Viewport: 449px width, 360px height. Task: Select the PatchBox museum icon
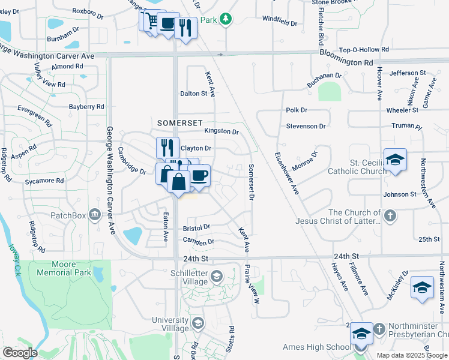point(94,214)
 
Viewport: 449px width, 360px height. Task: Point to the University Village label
point(170,324)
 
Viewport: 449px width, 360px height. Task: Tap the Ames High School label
point(316,347)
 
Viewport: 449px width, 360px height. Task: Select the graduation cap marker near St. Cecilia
point(395,160)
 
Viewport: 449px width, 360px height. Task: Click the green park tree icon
point(225,20)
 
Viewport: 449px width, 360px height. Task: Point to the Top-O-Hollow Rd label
point(364,50)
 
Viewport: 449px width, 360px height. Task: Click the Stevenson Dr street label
point(306,127)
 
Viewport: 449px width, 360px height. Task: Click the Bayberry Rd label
point(86,107)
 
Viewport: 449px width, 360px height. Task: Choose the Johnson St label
point(400,194)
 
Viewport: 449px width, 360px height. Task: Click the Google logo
point(20,353)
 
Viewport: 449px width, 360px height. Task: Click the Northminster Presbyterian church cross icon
point(379,329)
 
